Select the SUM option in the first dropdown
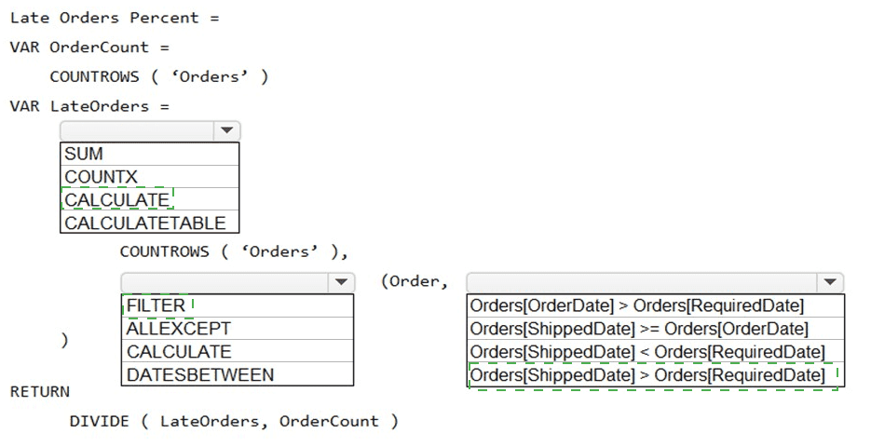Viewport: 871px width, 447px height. [x=84, y=154]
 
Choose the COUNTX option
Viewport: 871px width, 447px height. [x=101, y=177]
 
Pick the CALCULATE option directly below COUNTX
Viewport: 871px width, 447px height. [x=116, y=200]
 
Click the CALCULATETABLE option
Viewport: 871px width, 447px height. [x=144, y=223]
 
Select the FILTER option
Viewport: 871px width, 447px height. [x=156, y=305]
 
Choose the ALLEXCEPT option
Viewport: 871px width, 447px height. [x=178, y=329]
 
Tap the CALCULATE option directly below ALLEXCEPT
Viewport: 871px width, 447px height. [x=178, y=352]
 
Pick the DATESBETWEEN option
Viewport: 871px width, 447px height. [x=199, y=375]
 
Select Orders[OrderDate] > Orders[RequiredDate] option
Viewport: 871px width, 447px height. [x=636, y=305]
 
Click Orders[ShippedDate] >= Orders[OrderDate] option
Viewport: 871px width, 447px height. [x=639, y=329]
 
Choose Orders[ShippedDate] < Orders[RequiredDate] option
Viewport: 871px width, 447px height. [x=647, y=352]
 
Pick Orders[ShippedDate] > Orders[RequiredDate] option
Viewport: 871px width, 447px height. [x=647, y=375]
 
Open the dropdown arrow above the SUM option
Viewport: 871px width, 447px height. [x=226, y=131]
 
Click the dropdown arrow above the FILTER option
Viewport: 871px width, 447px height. [x=341, y=282]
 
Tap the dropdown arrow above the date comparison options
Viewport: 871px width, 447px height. [x=828, y=282]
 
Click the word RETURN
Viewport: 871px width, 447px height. [x=39, y=392]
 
